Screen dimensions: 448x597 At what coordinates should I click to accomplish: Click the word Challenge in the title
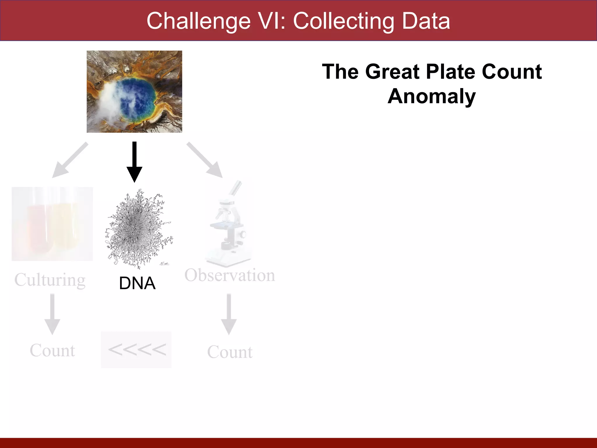coord(199,21)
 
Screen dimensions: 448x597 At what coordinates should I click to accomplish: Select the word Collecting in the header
coord(344,21)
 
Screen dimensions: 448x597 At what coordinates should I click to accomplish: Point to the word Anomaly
coord(431,96)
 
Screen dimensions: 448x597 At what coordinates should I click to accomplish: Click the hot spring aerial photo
coord(134,92)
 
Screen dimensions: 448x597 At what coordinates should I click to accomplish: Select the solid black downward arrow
coord(134,162)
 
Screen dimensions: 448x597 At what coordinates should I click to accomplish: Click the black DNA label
coord(137,283)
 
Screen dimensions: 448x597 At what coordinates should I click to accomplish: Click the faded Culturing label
coord(50,280)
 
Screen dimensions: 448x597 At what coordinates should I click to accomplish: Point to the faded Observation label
coord(230,275)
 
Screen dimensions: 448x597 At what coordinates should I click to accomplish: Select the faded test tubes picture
coord(52,224)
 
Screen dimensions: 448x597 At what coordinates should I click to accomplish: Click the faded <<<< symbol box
coord(136,349)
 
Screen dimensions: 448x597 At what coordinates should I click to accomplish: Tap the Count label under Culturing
coord(52,350)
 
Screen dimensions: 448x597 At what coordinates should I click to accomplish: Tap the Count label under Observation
coord(230,352)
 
